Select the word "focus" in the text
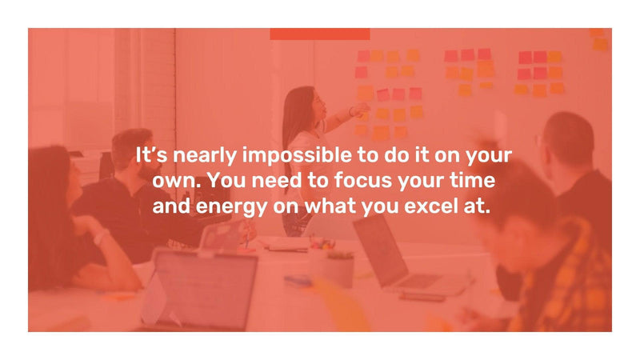367,181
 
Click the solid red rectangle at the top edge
319,34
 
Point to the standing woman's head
299,102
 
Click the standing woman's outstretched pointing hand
362,108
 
